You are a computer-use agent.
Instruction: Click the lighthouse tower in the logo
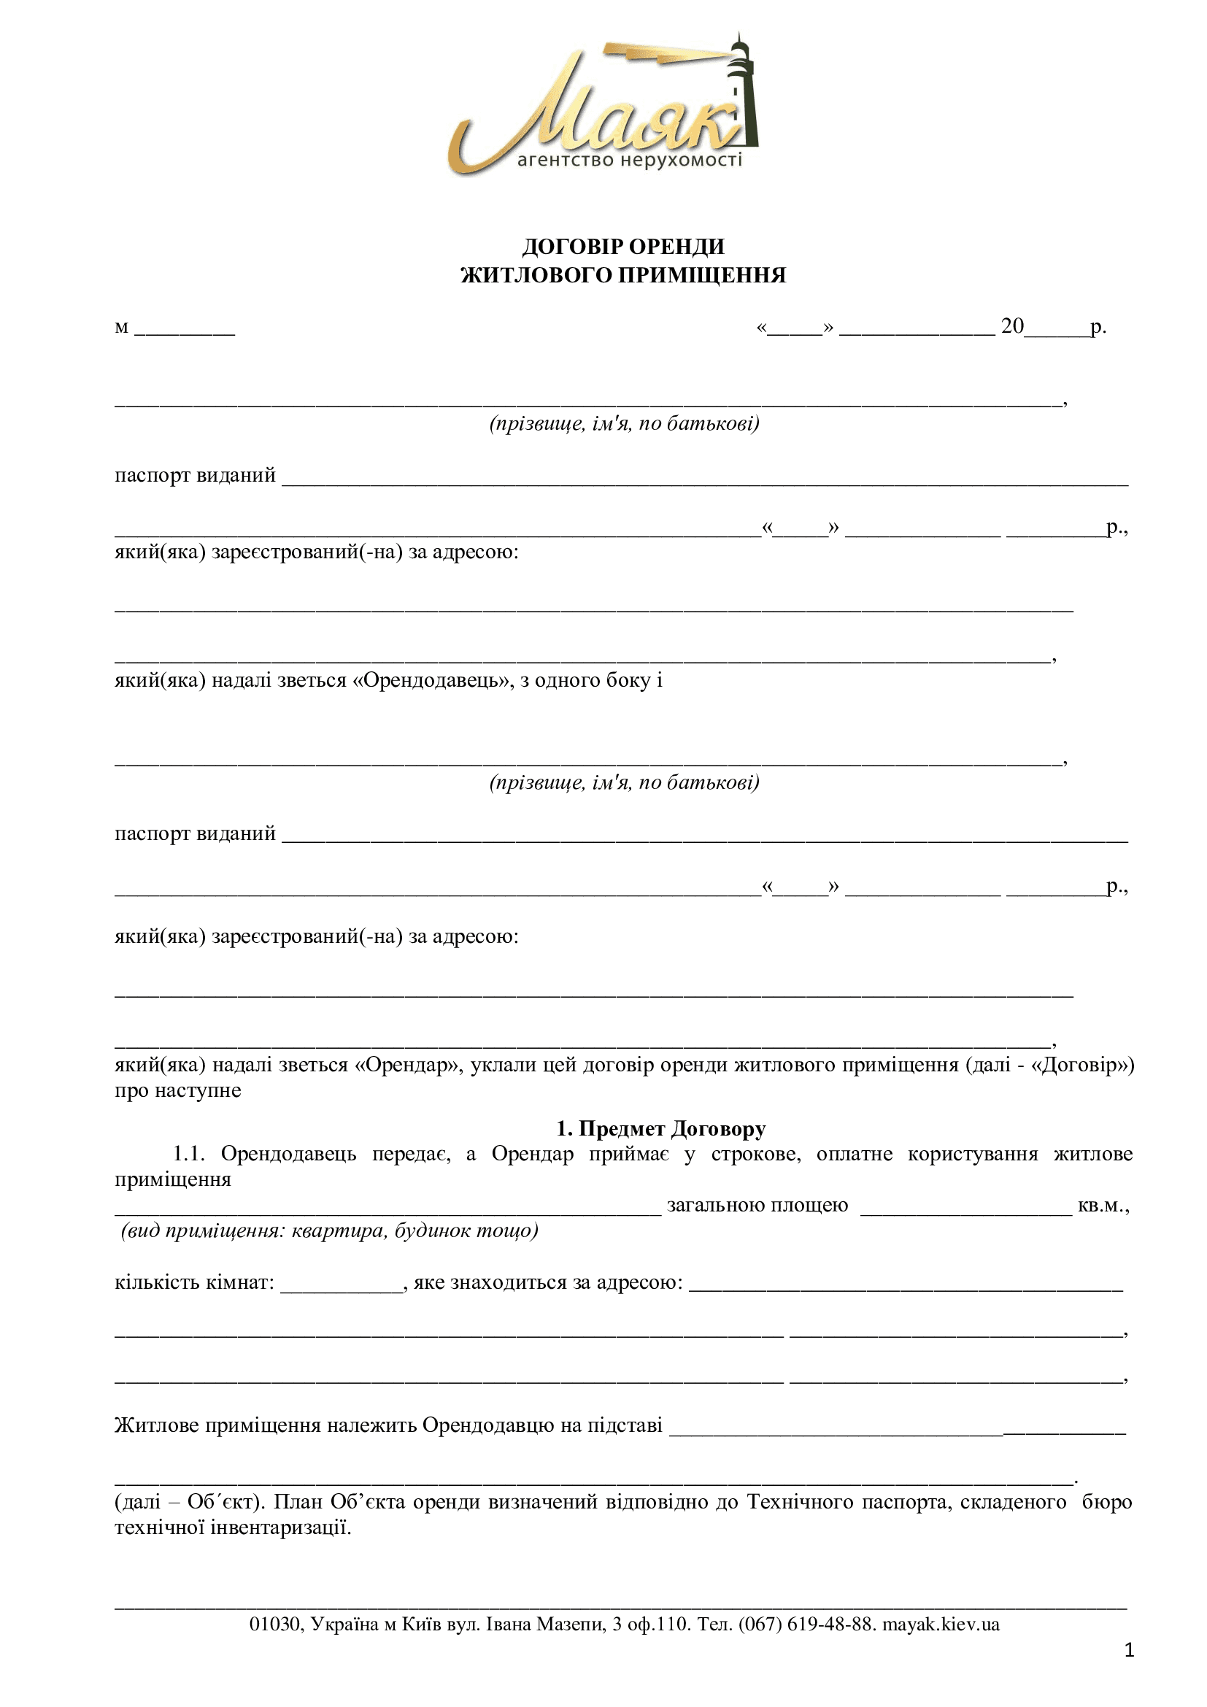[744, 96]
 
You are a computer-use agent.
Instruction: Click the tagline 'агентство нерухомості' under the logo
[630, 161]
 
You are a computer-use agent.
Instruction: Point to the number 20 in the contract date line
[1012, 325]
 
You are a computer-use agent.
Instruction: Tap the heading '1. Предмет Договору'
[660, 1128]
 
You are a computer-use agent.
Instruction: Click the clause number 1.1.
[189, 1154]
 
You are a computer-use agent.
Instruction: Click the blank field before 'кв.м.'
[965, 1207]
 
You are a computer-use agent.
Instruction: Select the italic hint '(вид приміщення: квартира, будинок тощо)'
[329, 1231]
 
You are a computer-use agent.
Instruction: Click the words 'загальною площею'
[757, 1205]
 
